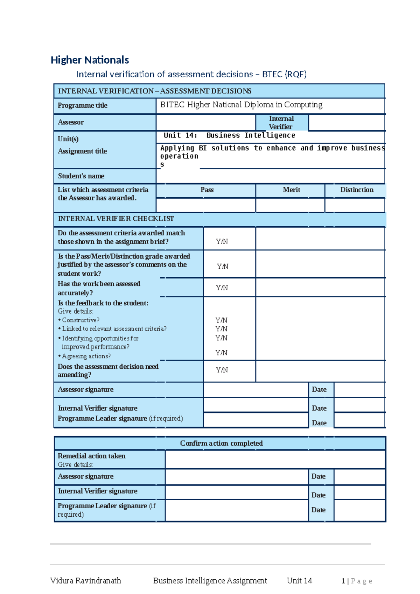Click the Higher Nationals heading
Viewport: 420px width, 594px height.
(x=90, y=60)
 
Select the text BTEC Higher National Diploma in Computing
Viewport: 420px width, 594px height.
(x=241, y=105)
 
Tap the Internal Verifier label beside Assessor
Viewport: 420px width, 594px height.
(x=281, y=122)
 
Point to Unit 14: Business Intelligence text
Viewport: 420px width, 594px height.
(x=229, y=135)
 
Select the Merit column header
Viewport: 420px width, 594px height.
(x=291, y=190)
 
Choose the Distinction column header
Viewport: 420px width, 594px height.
(x=357, y=190)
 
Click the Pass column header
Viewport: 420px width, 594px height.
(x=207, y=190)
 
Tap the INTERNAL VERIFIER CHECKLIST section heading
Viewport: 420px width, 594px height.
(x=116, y=219)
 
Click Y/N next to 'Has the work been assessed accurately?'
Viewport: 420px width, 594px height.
(x=222, y=288)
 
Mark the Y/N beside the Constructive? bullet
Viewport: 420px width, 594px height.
(x=221, y=320)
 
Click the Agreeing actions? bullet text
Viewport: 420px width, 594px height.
(x=86, y=356)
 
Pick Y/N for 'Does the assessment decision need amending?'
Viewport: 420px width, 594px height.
(x=222, y=370)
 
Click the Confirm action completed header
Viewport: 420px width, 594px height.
(x=221, y=443)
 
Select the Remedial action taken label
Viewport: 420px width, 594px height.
(x=91, y=456)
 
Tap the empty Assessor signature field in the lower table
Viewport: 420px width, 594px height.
(x=237, y=476)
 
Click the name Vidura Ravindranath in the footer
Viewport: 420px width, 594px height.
(x=85, y=581)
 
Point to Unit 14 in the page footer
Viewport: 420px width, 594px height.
(x=299, y=581)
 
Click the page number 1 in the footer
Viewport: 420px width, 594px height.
(x=343, y=581)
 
